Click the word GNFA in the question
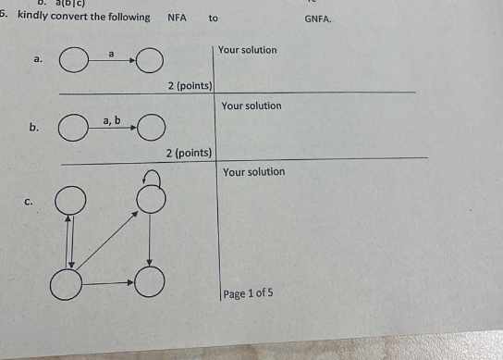click(317, 18)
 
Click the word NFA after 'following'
click(177, 18)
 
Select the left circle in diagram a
click(73, 63)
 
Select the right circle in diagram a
click(151, 63)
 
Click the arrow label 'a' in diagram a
click(112, 55)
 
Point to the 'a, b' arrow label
click(112, 120)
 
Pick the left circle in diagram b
click(73, 127)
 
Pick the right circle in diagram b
click(152, 127)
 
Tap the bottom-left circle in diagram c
click(67, 282)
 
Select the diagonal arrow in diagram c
click(108, 240)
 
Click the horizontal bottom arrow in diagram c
click(109, 280)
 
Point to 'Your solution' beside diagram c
click(253, 172)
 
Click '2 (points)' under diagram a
click(190, 85)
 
